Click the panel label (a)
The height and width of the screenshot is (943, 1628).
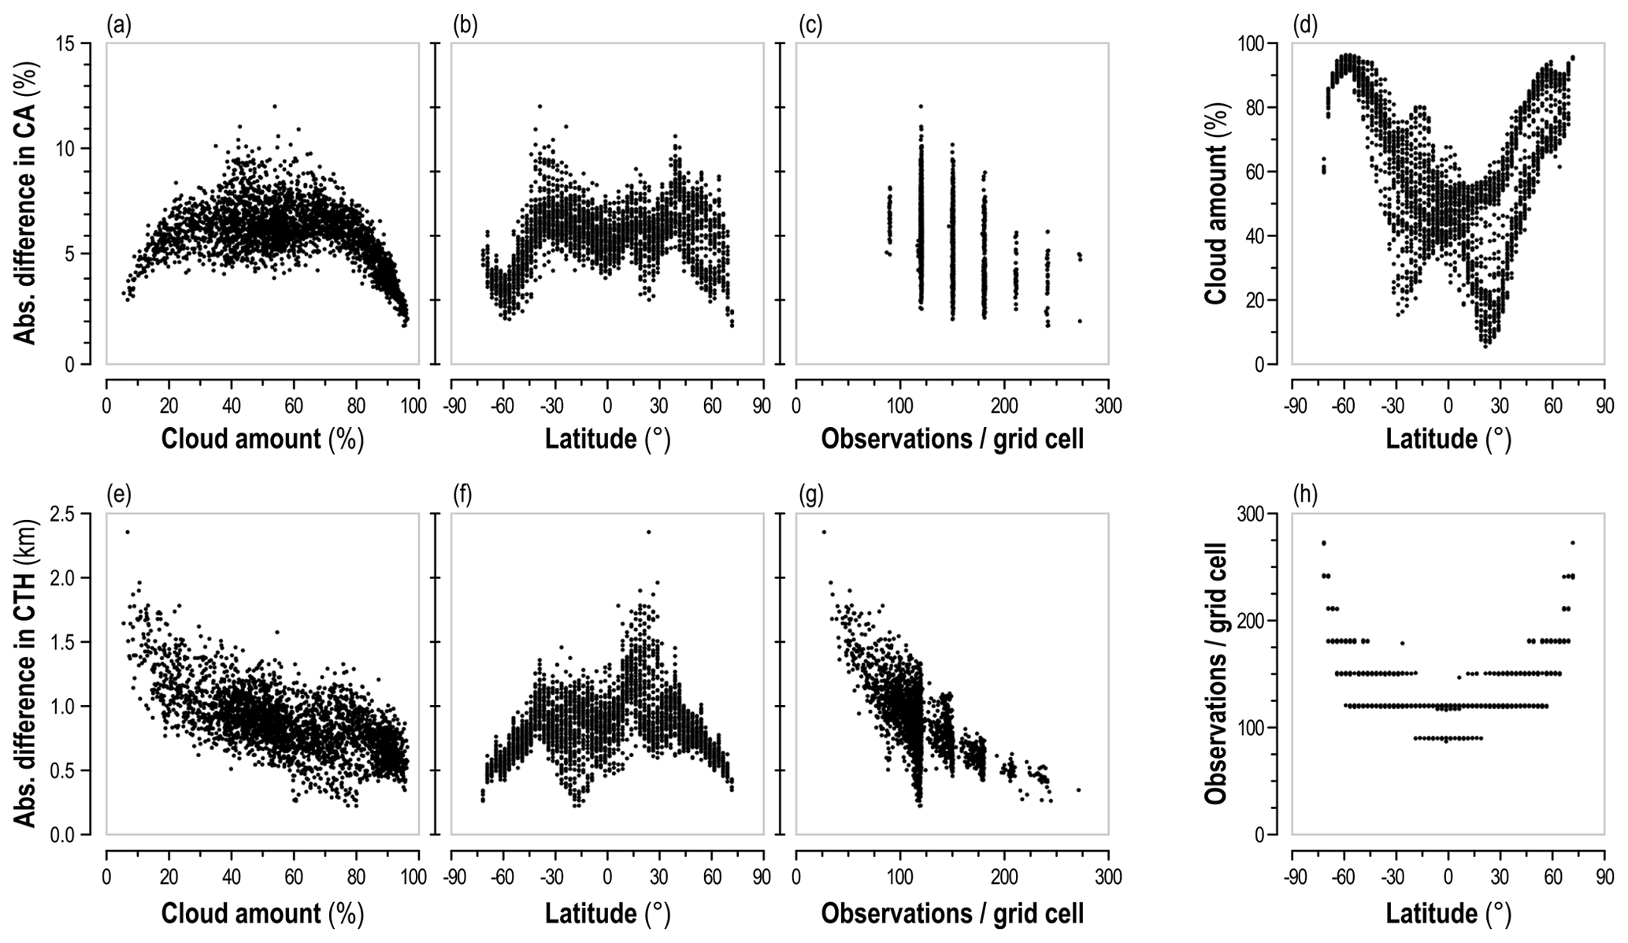pyautogui.click(x=118, y=26)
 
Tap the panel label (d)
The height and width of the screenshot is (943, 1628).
pyautogui.click(x=1304, y=26)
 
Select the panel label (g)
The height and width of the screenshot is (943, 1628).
pyautogui.click(x=810, y=496)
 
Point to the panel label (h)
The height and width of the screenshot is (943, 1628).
pyautogui.click(x=1304, y=496)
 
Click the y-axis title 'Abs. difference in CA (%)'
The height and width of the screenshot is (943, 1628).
pyautogui.click(x=27, y=203)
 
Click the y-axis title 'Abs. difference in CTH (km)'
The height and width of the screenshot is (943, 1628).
pyautogui.click(x=27, y=674)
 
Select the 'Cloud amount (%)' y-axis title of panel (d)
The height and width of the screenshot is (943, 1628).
pyautogui.click(x=1216, y=203)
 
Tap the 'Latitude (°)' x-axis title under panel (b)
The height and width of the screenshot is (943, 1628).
pyautogui.click(x=607, y=438)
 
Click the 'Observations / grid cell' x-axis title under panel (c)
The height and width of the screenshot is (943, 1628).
pyautogui.click(x=952, y=438)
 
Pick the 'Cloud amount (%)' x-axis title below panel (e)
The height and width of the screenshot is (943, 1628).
pyautogui.click(x=262, y=913)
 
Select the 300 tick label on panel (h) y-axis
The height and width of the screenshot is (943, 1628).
pyautogui.click(x=1261, y=514)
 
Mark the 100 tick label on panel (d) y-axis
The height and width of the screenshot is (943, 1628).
pyautogui.click(x=1261, y=43)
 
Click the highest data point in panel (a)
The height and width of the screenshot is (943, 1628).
pyautogui.click(x=275, y=106)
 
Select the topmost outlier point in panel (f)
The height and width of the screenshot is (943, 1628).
pyautogui.click(x=648, y=532)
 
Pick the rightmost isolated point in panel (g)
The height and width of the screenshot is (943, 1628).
pyautogui.click(x=1078, y=790)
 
